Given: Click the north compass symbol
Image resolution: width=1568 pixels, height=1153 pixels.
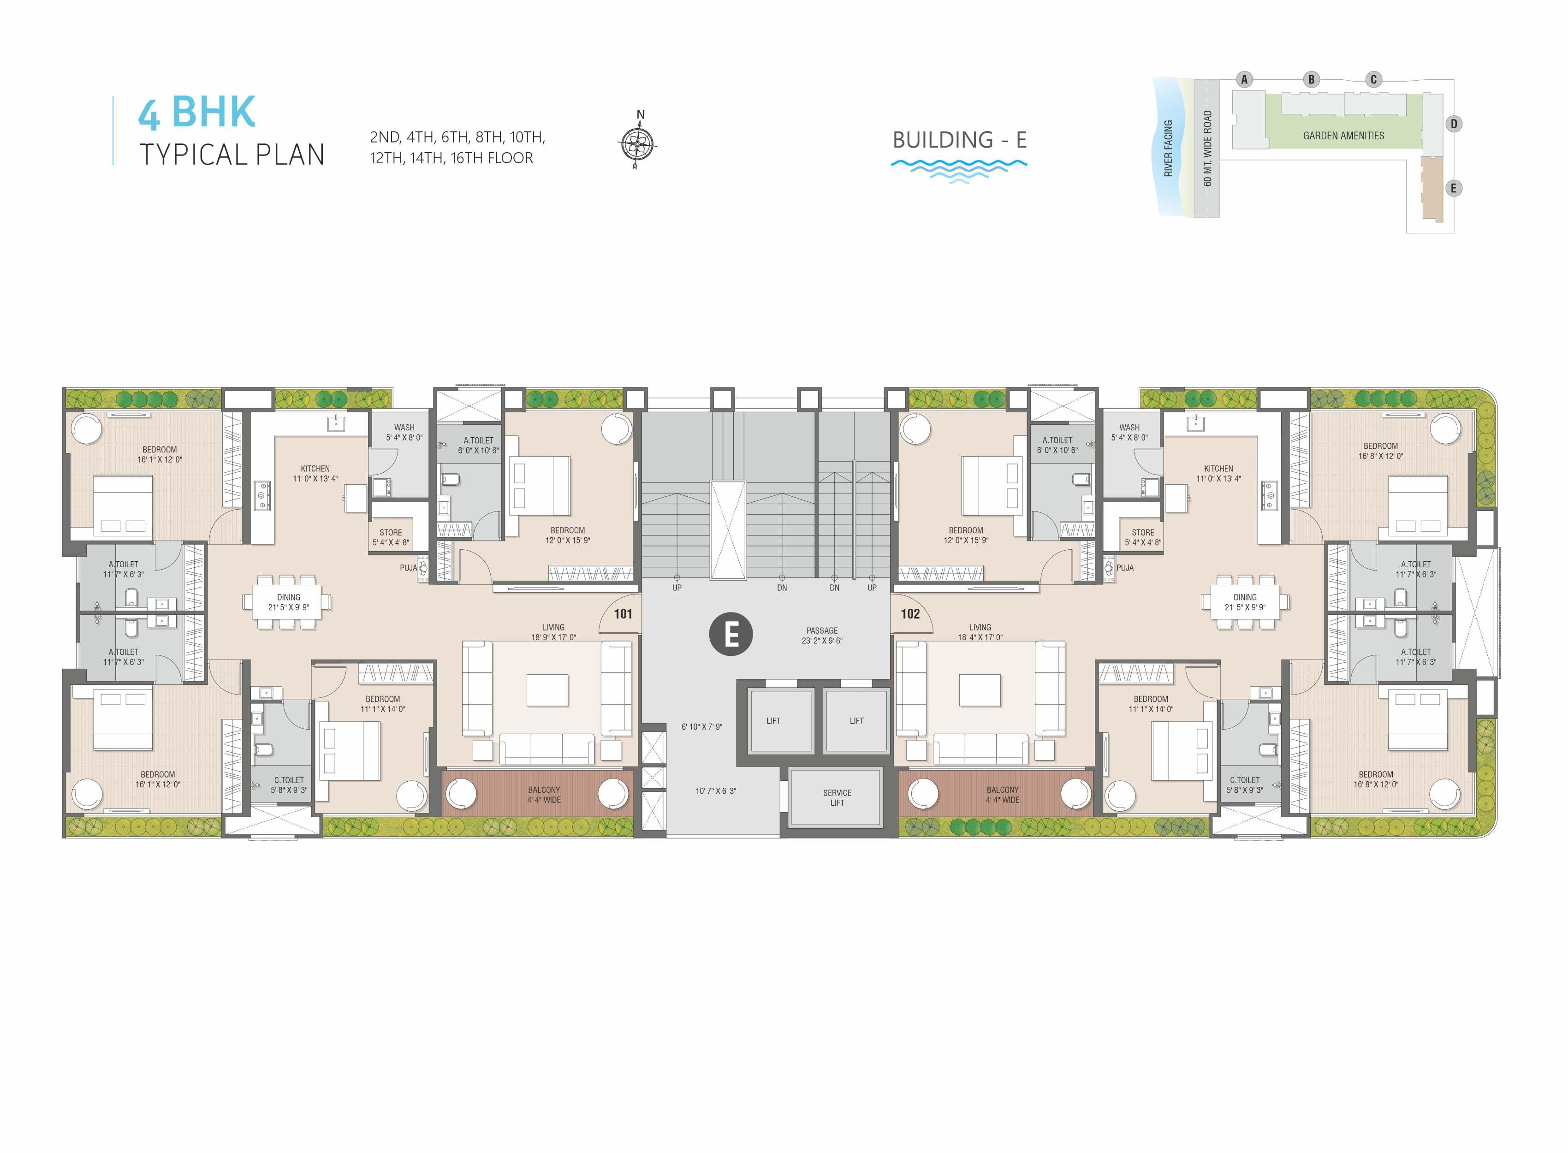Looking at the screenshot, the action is pos(637,143).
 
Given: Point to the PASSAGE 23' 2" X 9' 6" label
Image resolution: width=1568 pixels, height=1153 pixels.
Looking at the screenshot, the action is pos(822,635).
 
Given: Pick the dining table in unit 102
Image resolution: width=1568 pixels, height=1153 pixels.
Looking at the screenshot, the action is pos(1245,601).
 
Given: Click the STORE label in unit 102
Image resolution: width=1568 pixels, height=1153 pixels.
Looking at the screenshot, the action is pos(1143,533).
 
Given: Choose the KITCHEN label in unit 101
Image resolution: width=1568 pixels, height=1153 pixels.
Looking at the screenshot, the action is pos(315,469).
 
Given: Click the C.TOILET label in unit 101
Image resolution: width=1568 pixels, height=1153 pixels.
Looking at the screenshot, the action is pos(289,780).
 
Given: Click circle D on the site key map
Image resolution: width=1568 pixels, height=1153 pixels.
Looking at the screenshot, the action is pos(1454,124).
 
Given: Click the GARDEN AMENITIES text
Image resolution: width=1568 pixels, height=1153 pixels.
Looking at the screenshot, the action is pos(1343,136).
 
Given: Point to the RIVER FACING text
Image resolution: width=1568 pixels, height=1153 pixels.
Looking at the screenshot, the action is pos(1168,148).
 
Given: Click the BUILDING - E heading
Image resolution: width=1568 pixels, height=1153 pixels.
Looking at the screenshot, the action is pos(960,140).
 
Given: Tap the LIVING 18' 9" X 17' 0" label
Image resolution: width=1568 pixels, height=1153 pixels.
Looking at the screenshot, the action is pos(553,632).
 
